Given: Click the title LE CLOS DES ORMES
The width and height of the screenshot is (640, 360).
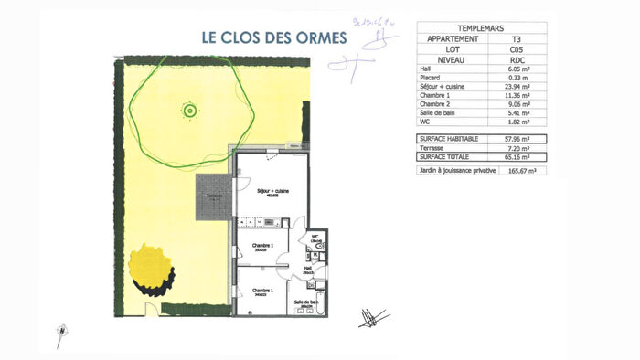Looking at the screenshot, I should (x=274, y=38).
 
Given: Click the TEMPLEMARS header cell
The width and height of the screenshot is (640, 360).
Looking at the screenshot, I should (x=482, y=28).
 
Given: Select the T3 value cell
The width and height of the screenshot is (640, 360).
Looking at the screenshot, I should (x=516, y=39).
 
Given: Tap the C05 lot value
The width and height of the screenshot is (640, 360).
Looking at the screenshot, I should (x=516, y=49).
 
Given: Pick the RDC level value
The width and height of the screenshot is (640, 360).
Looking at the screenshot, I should (x=516, y=60).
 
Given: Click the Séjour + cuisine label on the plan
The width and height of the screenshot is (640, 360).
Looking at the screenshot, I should (x=271, y=189).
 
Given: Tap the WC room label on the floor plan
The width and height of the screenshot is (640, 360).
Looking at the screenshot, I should (x=314, y=236).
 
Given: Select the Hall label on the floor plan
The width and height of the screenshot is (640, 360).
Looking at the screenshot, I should (x=308, y=269).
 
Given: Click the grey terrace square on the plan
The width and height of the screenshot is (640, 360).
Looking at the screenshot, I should (x=215, y=196).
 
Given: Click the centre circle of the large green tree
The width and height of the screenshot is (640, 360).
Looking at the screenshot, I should (x=189, y=111).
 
